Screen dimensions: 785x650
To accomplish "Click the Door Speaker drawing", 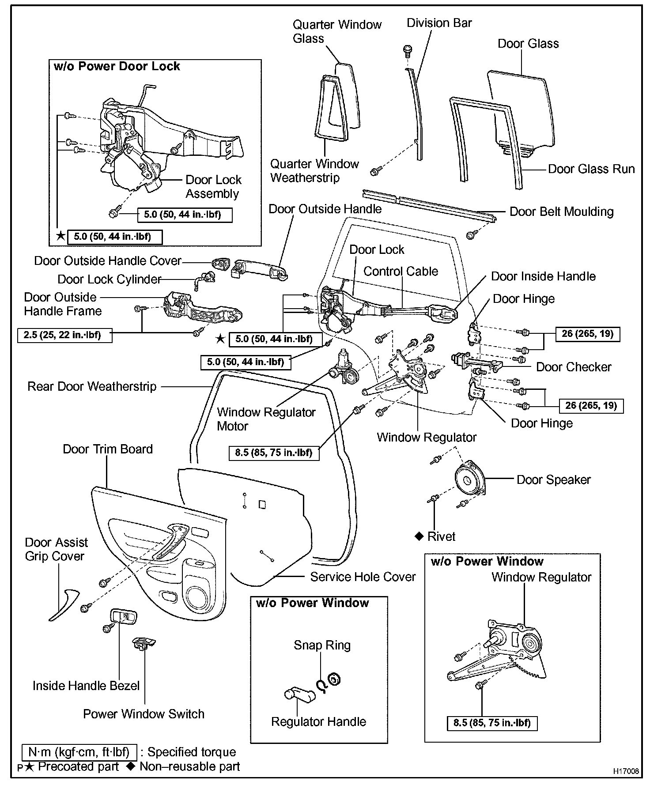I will coord(469,479).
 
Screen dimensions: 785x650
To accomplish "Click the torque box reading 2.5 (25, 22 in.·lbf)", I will coord(65,335).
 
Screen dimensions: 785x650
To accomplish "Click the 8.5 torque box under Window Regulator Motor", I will coord(274,453).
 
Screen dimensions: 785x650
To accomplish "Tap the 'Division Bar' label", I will coord(439,23).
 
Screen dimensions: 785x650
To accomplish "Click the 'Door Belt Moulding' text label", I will coord(561,211).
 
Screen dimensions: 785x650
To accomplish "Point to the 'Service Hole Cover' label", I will coord(363,577).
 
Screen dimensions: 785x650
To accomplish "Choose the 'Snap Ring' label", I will coord(322,645).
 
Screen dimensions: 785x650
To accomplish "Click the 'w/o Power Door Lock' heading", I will coord(117,66).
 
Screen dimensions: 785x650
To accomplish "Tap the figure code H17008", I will coord(625,771).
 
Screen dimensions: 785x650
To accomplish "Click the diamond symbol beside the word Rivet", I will coord(419,536).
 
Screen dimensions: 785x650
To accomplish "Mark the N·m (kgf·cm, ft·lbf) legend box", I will coord(79,752).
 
